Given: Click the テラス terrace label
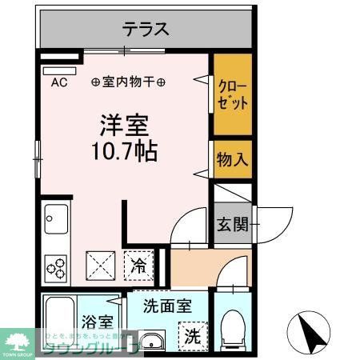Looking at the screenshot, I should point(146,30).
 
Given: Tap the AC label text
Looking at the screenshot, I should point(59,82).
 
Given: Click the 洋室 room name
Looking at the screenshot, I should point(124,124).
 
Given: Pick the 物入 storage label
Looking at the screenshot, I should point(232,159).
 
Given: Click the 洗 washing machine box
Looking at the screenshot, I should point(193,335).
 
